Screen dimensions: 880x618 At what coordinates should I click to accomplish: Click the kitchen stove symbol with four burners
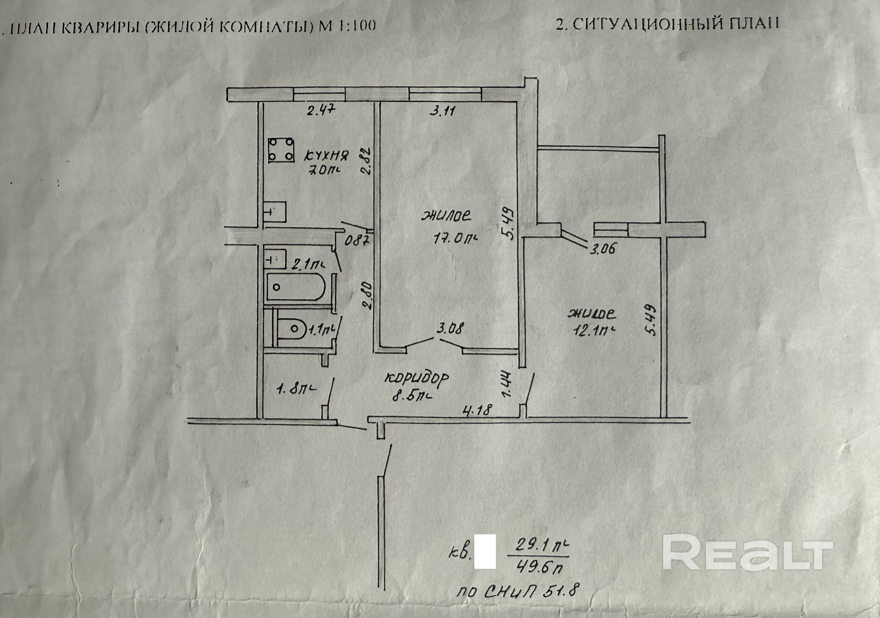pyautogui.click(x=281, y=150)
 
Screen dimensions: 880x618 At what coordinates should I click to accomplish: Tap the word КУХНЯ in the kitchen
pyautogui.click(x=326, y=156)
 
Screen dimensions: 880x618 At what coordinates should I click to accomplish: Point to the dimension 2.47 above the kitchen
pyautogui.click(x=321, y=111)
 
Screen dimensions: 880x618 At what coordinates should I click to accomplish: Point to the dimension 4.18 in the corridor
pyautogui.click(x=477, y=410)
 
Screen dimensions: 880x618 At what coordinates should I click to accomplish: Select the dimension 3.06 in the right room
pyautogui.click(x=602, y=249)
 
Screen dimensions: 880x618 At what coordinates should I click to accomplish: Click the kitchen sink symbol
pyautogui.click(x=275, y=212)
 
